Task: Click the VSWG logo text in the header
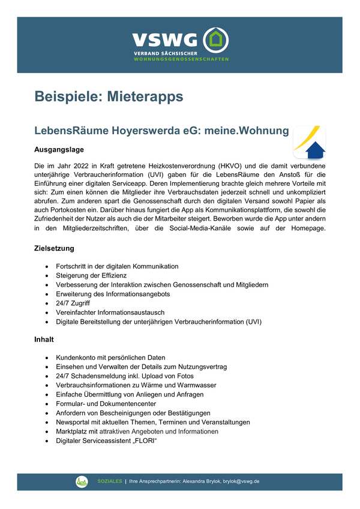point(164,41)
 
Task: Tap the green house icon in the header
point(216,41)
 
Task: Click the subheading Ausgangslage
point(58,149)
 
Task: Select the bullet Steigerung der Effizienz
point(91,275)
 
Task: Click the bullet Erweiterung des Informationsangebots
point(113,294)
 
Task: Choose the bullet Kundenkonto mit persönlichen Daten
point(110,357)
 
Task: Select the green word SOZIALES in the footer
point(110,481)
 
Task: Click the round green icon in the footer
point(82,481)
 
